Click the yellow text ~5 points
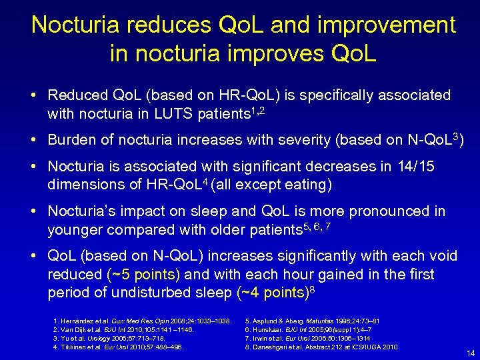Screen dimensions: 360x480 click(x=143, y=274)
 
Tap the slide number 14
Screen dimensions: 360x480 click(x=471, y=353)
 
